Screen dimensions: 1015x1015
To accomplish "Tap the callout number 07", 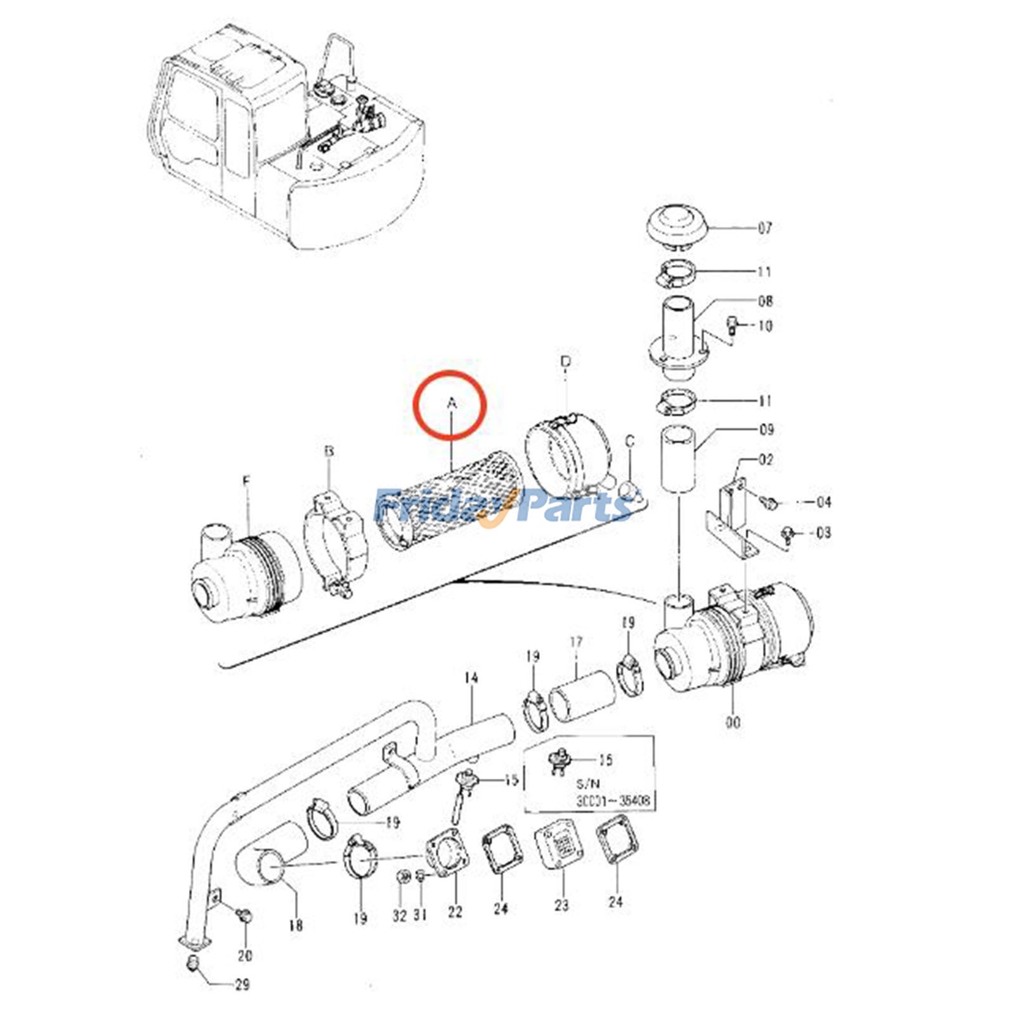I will click(x=765, y=228).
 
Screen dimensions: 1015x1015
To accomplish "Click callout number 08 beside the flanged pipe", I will click(x=765, y=301).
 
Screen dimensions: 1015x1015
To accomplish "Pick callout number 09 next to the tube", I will click(x=766, y=429).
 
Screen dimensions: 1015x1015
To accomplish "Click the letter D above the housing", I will click(x=566, y=362).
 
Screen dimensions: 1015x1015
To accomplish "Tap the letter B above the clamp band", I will click(x=329, y=452).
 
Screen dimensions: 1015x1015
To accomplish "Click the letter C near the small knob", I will click(x=629, y=440).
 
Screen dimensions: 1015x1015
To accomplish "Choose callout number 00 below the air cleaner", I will click(x=733, y=722).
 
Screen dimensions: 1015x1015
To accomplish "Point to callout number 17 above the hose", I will click(x=576, y=643).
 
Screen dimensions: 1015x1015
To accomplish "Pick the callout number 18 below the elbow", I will click(x=296, y=926).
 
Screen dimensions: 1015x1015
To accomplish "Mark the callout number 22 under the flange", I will click(x=455, y=912).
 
